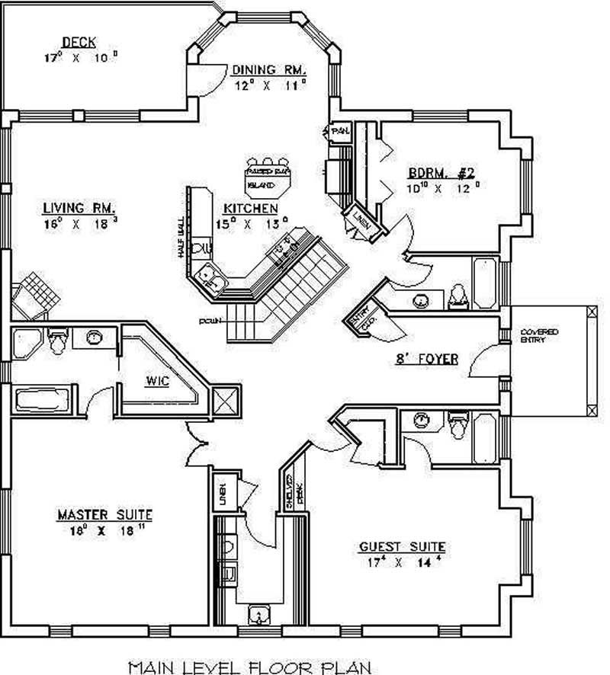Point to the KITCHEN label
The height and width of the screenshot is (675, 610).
(250, 209)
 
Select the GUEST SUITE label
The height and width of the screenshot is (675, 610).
(402, 547)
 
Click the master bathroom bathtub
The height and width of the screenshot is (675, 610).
(42, 400)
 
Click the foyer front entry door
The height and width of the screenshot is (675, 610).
(488, 358)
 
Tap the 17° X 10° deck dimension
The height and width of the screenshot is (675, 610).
(80, 57)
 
